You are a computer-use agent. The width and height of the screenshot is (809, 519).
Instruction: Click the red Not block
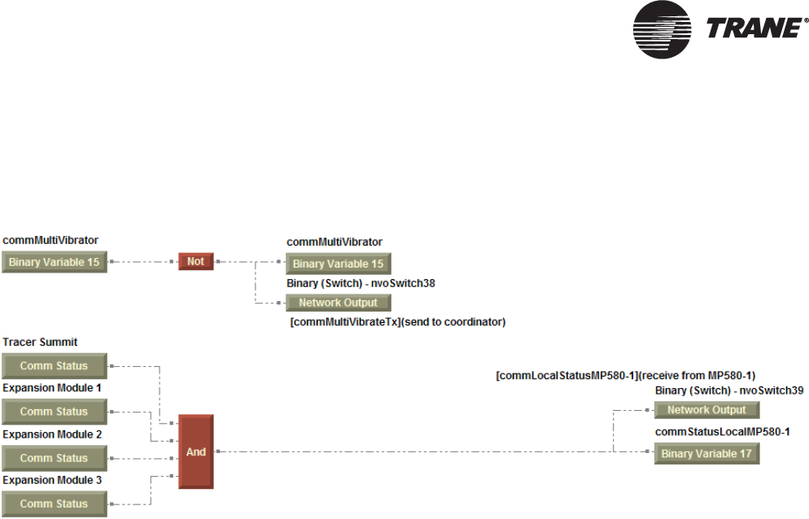[195, 262]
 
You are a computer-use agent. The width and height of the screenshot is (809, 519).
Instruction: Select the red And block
[196, 451]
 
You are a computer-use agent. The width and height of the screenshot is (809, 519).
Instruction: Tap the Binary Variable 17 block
[706, 453]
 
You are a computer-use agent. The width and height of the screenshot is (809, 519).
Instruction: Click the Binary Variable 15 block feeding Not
[54, 262]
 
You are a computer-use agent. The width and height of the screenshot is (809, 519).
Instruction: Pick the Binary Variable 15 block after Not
[338, 264]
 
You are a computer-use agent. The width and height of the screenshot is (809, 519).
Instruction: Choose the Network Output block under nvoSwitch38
[338, 303]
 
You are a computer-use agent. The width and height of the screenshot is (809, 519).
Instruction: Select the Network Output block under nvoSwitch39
[706, 410]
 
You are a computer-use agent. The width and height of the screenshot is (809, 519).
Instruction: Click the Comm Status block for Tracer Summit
[54, 366]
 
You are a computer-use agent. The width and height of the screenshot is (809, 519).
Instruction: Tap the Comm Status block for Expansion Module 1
[54, 412]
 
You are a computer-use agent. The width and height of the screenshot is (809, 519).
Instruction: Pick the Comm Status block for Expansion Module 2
[54, 458]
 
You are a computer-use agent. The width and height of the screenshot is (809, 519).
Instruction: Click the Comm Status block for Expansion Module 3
[54, 504]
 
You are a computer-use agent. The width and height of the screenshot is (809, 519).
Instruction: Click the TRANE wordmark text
[754, 28]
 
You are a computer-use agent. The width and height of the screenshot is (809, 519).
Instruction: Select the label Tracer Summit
[40, 342]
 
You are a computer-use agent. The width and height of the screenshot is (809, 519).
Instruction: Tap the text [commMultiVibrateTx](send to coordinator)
[398, 322]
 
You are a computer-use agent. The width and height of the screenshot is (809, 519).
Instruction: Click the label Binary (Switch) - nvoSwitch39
[729, 390]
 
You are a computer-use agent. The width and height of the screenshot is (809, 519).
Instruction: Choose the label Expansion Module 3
[52, 480]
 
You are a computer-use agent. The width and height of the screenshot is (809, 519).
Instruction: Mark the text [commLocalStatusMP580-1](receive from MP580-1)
[626, 376]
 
